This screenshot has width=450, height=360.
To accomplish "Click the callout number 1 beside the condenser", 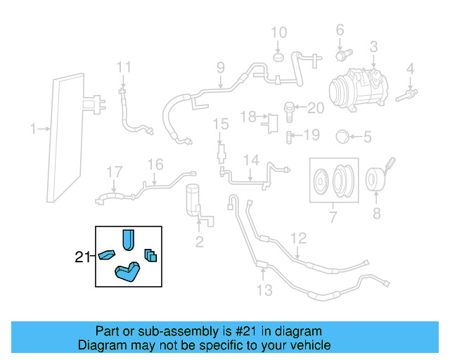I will (33, 128).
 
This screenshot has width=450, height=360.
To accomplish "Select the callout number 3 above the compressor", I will (373, 47).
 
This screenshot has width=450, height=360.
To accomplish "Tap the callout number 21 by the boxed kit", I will (83, 257).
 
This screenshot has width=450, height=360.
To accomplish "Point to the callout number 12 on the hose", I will (299, 238).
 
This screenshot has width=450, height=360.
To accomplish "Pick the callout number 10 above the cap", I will (279, 32).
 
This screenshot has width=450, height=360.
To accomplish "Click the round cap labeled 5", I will (343, 136).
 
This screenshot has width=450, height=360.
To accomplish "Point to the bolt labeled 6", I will (342, 53).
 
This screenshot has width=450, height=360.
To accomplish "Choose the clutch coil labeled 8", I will (378, 180).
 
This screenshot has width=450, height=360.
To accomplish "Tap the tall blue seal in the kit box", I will (128, 239).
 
